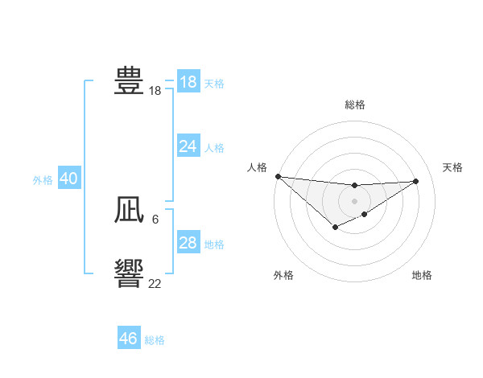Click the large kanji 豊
point(129,81)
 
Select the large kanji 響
point(129,273)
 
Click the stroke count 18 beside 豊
point(155,92)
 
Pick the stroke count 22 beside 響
point(155,284)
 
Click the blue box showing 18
point(188,82)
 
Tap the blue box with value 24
point(188,146)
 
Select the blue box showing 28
point(188,243)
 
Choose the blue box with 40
point(68,179)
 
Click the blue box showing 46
point(129,339)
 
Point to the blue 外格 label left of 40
point(43,181)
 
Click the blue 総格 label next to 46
point(155,340)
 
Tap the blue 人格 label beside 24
point(214,148)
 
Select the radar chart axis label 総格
point(354,105)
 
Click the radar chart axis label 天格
point(452,167)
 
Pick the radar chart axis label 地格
point(422,276)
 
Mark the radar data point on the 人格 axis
point(278,176)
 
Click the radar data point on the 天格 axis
point(416,181)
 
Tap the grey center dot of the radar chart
point(354,200)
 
